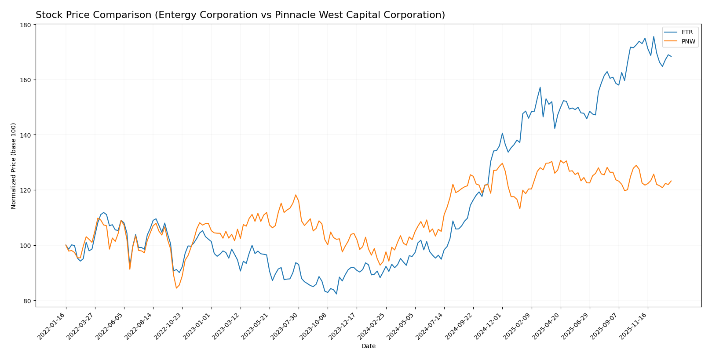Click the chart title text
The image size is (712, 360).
pos(240,15)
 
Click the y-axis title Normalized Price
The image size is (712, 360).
pos(14,166)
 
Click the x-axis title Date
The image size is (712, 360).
pos(368,346)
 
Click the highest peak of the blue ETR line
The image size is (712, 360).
pos(654,36)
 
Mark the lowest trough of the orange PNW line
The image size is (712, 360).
pos(176,288)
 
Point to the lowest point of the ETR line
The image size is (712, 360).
pos(336,294)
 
